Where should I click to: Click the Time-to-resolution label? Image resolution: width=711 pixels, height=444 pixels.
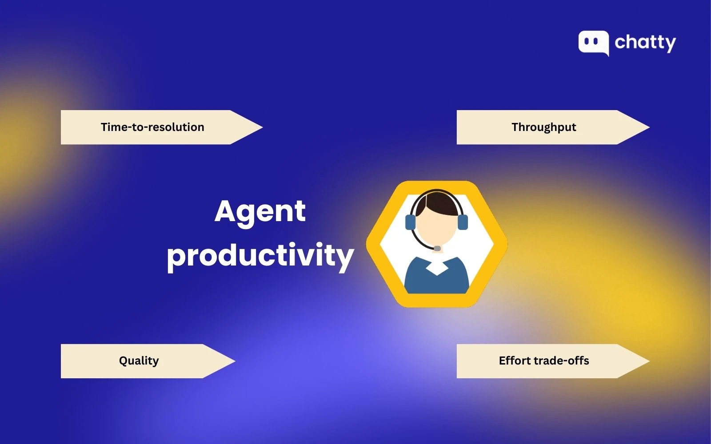click(x=152, y=127)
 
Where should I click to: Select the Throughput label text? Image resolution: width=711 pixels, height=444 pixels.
click(x=543, y=127)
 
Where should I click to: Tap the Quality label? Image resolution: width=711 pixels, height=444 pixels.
click(x=139, y=361)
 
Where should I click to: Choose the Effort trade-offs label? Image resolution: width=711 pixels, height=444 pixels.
click(x=543, y=361)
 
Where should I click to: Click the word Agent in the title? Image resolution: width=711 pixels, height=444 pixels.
click(x=260, y=211)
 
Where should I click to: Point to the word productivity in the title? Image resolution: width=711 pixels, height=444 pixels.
click(x=260, y=256)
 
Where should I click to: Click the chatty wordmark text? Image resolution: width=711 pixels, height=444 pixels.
click(x=645, y=43)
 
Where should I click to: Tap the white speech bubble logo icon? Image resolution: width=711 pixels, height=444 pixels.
click(x=593, y=43)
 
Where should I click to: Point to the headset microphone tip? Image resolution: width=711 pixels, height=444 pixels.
click(x=437, y=248)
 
